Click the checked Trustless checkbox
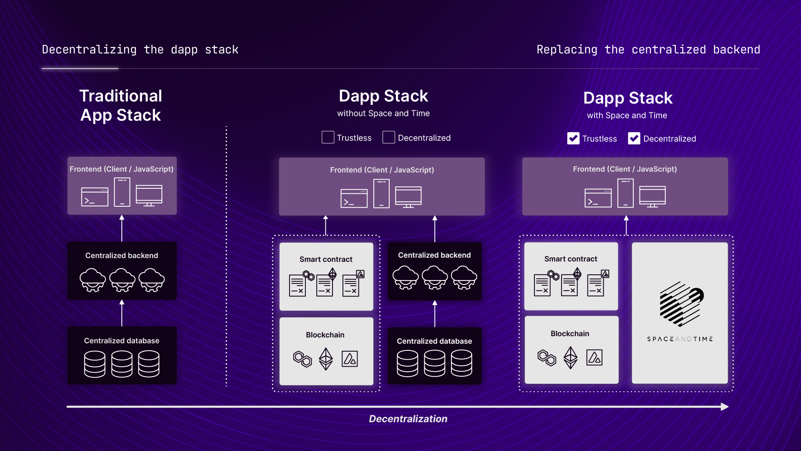coord(573,138)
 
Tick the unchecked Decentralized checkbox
coord(388,137)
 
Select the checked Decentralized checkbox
coord(634,138)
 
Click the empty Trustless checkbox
coord(328,137)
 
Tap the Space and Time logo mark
coord(681,304)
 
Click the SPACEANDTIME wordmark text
coord(680,339)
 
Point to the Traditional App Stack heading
coord(121,105)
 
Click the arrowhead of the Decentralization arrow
coord(725,407)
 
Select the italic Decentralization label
coord(408,419)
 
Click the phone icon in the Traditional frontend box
coord(122,192)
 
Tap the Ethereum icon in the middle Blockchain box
coord(326,359)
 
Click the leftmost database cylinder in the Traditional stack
coord(95,364)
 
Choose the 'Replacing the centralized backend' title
coord(648,50)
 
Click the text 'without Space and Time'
coord(383,114)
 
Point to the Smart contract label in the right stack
coord(570,259)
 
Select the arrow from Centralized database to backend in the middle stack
coord(435,314)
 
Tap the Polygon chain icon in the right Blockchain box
coord(547,358)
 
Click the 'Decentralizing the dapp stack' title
coord(140,50)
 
